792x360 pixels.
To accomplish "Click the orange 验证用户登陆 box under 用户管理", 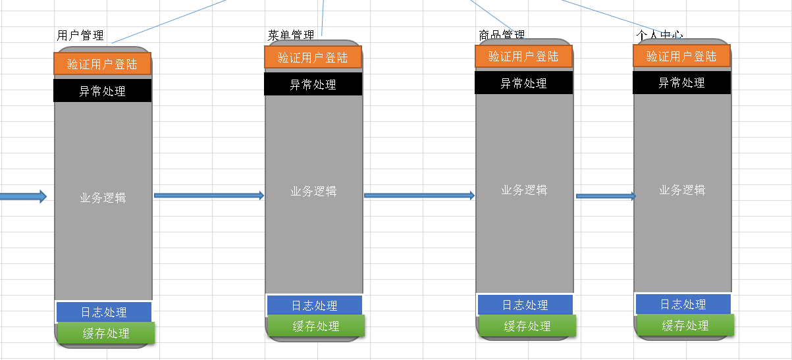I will coord(103,64).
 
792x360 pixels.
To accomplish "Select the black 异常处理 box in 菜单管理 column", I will coord(313,84).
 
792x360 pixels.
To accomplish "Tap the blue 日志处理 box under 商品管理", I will coord(525,305).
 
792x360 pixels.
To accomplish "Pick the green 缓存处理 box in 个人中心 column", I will coord(685,325).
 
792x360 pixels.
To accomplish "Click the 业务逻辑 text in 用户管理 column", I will coord(103,197).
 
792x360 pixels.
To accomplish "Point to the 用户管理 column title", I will coord(80,36).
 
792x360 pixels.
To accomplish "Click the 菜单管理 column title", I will coord(291,35).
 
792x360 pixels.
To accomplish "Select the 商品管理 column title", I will coord(502,34).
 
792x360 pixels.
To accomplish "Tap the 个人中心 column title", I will coord(660,34).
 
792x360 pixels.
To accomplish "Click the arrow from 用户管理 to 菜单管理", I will coord(209,195).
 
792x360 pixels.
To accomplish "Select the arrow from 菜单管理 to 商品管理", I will coord(419,195).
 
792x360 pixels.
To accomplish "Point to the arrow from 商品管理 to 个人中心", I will coord(606,196).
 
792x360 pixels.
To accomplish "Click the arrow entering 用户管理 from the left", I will coord(23,196).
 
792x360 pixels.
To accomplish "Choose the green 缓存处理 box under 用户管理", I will coord(106,333).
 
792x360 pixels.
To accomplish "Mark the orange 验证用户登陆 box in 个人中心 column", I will coord(682,56).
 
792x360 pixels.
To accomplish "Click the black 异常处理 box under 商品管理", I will coord(524,83).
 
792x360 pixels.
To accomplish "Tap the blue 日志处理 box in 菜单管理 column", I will coord(314,305).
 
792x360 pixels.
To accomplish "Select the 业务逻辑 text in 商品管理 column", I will coord(524,190).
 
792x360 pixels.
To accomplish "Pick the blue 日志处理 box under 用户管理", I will coord(104,312).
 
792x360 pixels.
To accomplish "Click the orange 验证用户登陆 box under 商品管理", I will coord(524,56).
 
